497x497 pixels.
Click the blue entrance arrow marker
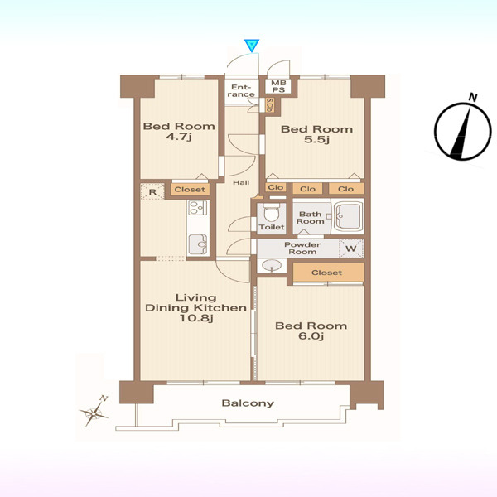coord(252,46)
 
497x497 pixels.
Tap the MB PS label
coord(278,86)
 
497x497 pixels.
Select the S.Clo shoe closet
coord(269,105)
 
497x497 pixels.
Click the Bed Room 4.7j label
coord(179,131)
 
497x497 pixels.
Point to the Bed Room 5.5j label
coord(316,134)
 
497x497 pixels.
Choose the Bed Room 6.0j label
coord(311,331)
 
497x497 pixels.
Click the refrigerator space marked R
coord(152,192)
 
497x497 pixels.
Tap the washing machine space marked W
coord(351,248)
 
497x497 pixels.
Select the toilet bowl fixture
coord(272,213)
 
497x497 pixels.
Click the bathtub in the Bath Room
coord(348,217)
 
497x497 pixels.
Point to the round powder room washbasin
coord(272,266)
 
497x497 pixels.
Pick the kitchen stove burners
coord(197,208)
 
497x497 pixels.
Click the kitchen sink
coord(198,244)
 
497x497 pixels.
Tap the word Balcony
coord(248,403)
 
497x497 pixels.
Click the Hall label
coord(241,182)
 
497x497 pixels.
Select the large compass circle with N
coord(463,131)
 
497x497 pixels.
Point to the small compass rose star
coord(94,413)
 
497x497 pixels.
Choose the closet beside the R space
coord(190,190)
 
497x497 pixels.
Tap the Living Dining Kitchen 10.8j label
coord(195,308)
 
